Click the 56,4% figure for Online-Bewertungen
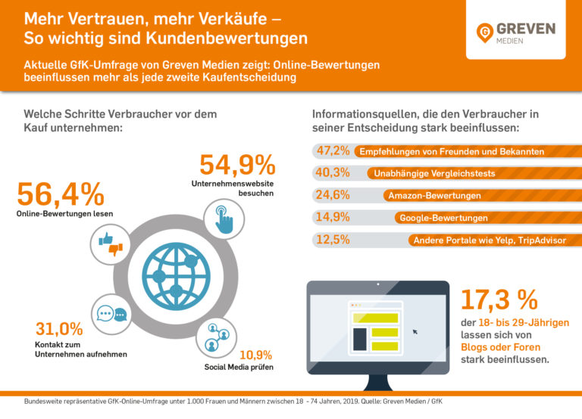(60, 194)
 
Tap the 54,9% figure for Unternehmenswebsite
(237, 166)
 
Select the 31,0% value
(58, 329)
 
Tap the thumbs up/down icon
(110, 244)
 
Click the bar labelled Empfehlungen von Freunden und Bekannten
(462, 152)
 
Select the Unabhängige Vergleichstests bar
(470, 174)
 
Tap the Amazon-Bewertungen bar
(477, 196)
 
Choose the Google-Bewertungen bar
(485, 218)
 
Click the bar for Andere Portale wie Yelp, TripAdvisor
(493, 241)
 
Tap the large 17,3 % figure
(499, 300)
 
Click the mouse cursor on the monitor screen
(415, 331)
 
